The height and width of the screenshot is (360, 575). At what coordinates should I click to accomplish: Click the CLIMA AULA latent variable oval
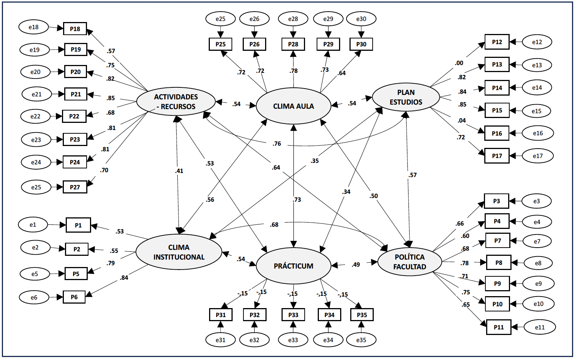point(293,106)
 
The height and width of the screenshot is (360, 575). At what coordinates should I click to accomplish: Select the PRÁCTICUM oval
point(293,266)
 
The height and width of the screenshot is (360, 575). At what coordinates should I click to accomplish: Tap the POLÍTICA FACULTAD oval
point(410,262)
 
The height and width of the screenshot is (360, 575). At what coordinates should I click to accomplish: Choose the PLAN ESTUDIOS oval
point(406,97)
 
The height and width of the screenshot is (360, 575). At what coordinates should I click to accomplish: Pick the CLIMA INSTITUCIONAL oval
point(179,252)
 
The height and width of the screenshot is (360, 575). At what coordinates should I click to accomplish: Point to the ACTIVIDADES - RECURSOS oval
point(176,102)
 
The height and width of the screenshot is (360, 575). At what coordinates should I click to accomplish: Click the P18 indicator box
point(75,29)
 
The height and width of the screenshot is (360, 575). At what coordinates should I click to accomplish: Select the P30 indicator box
point(361,44)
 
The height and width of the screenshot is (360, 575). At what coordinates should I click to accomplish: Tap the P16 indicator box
point(497,133)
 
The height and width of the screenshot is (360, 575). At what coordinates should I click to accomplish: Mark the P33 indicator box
point(293,315)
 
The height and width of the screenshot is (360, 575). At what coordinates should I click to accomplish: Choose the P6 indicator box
point(74,297)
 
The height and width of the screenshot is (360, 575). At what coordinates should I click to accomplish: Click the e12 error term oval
point(537,42)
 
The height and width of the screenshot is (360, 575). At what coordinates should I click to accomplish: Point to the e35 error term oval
point(361,340)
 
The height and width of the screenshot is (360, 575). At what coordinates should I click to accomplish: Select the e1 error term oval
point(33,225)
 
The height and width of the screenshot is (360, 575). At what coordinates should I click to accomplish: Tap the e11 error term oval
point(540,327)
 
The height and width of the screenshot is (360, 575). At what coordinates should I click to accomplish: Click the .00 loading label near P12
point(459,63)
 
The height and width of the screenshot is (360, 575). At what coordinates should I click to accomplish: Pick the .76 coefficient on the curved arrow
point(277,144)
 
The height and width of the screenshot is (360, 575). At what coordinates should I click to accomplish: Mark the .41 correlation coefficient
point(179,171)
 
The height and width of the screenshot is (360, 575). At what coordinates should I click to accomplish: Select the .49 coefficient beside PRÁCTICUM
point(355,265)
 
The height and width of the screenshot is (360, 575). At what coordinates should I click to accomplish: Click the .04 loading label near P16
point(461,121)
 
